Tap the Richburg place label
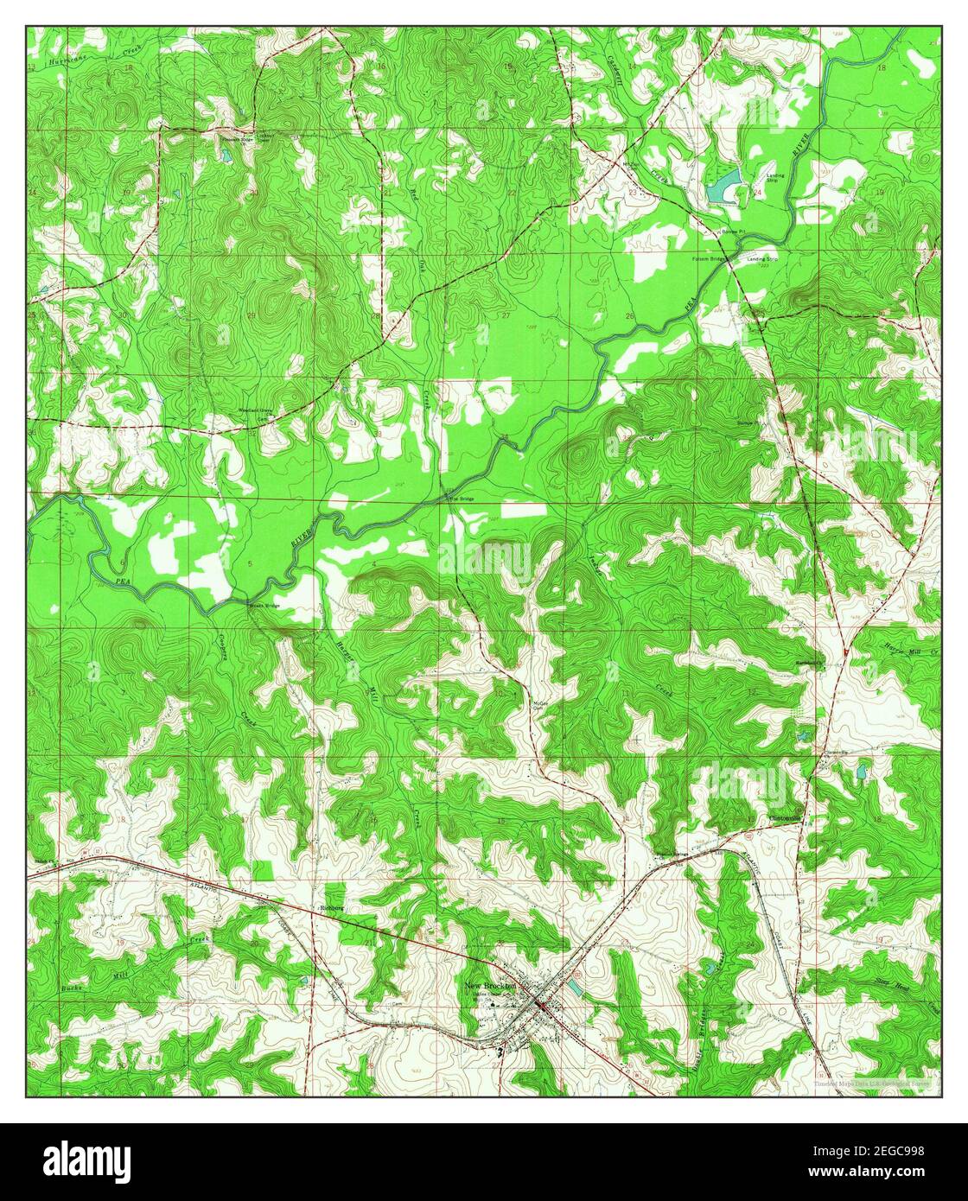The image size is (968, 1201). point(333,908)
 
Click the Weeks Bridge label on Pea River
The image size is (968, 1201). point(264,607)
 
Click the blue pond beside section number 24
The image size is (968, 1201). point(723,185)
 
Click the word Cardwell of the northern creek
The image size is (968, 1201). point(640,68)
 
